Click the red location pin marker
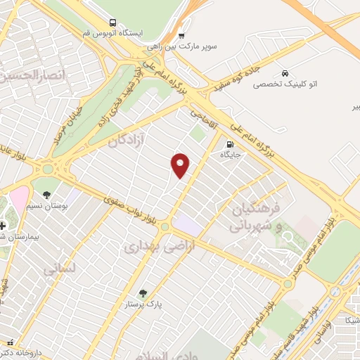tap(181, 165)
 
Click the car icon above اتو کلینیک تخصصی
tap(284, 73)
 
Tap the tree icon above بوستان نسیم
tap(46, 195)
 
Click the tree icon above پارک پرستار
tap(143, 292)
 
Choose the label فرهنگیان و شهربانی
tap(257, 217)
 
